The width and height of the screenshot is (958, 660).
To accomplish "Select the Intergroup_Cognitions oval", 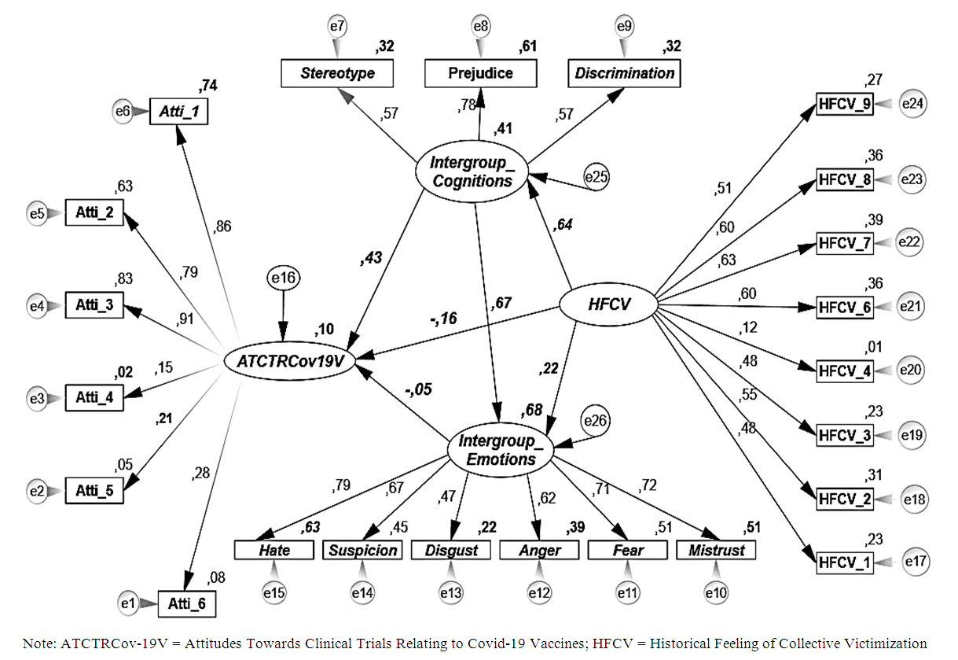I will (x=471, y=171).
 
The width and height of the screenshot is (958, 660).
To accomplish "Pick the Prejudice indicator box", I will (x=480, y=73).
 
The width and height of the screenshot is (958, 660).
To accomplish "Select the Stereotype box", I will (x=337, y=73).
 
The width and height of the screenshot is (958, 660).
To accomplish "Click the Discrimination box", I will (x=625, y=73).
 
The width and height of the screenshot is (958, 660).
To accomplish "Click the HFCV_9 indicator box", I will (x=844, y=103).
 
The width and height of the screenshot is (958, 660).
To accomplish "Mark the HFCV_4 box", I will (x=844, y=370).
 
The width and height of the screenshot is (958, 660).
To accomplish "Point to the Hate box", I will (x=273, y=550).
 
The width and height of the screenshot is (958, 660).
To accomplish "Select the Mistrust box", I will (x=716, y=550).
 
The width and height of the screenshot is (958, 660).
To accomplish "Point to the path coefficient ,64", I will (x=563, y=226).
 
